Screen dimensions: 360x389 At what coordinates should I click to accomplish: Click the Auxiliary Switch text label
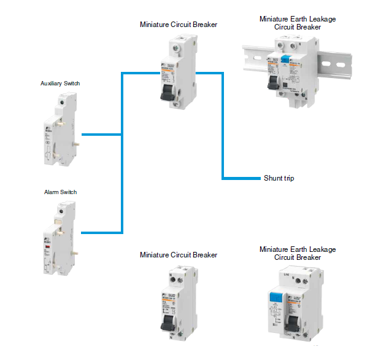click(x=60, y=83)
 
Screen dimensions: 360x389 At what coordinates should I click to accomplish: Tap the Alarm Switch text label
click(x=60, y=192)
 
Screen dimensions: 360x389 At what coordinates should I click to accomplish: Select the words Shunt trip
click(x=280, y=178)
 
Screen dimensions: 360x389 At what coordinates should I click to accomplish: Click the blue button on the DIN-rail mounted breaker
click(x=284, y=60)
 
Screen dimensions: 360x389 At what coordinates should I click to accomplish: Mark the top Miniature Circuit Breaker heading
click(x=178, y=25)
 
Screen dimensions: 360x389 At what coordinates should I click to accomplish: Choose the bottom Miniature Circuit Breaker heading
click(x=178, y=254)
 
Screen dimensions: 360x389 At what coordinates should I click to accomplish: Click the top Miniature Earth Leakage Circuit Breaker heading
click(x=298, y=23)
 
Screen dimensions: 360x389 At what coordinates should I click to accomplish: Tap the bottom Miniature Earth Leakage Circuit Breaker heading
click(x=298, y=253)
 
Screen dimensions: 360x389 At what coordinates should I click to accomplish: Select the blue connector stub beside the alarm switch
click(x=101, y=232)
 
